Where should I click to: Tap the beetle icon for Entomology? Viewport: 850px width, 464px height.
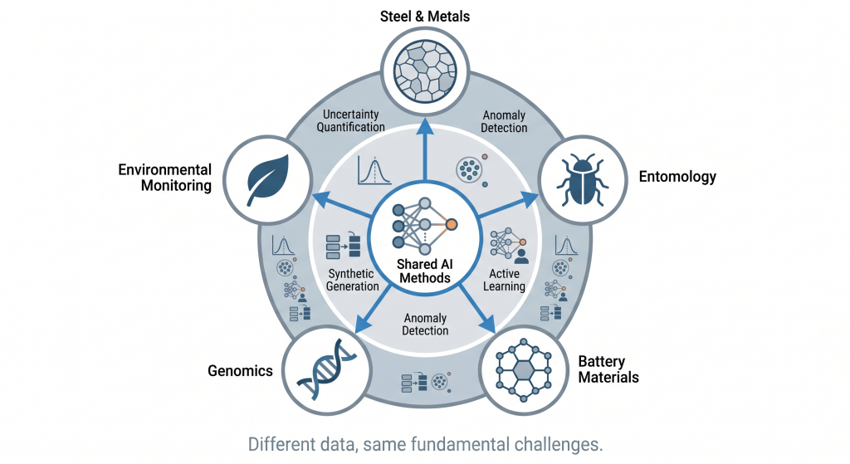pyautogui.click(x=579, y=177)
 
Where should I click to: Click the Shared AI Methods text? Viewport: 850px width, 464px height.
pyautogui.click(x=425, y=271)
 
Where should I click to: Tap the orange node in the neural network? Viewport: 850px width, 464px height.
pyautogui.click(x=452, y=224)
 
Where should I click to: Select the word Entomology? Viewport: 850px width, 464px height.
pyautogui.click(x=677, y=177)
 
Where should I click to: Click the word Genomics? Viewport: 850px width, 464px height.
pyautogui.click(x=241, y=371)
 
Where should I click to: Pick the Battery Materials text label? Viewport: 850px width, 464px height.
pyautogui.click(x=608, y=370)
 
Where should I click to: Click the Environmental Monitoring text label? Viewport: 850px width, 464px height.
pyautogui.click(x=164, y=178)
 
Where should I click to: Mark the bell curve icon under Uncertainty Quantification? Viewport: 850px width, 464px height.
pyautogui.click(x=373, y=170)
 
